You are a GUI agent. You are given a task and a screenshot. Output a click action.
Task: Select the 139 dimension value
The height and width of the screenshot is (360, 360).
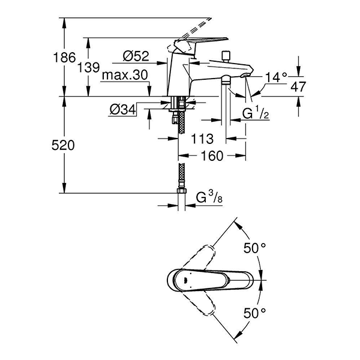point(88,67)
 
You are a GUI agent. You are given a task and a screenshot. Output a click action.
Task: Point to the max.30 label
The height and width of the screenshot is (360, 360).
point(124,75)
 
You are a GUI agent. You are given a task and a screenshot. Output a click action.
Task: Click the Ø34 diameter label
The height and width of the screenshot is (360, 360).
point(122,109)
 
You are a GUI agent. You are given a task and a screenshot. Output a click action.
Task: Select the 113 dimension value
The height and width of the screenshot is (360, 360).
point(203,139)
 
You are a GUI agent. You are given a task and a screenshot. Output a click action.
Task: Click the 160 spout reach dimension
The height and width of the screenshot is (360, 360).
point(212,156)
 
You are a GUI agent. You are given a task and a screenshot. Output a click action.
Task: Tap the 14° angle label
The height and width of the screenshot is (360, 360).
point(277,77)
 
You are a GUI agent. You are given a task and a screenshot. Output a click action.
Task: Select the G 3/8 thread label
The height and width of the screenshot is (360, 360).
point(209,197)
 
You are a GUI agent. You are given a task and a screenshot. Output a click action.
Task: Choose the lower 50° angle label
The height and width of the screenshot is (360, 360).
point(254,313)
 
